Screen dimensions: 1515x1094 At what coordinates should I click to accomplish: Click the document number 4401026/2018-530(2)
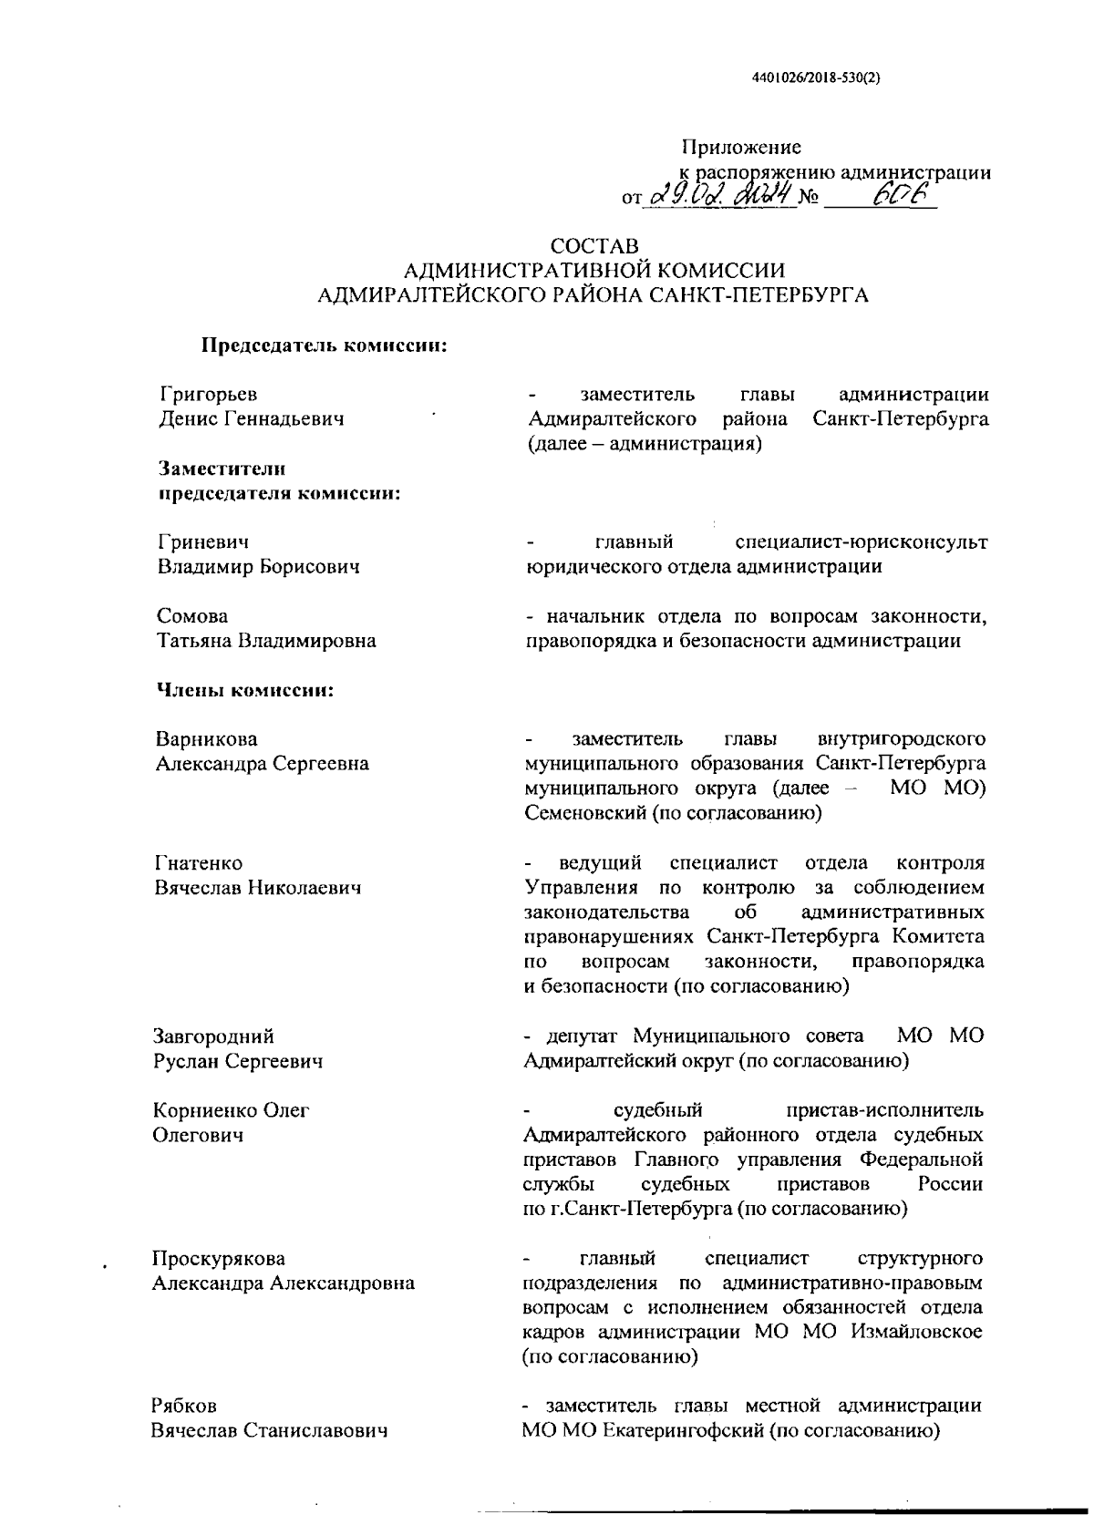tap(816, 78)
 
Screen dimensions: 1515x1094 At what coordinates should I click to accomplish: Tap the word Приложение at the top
tap(741, 147)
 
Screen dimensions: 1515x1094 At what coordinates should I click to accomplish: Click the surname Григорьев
tap(209, 395)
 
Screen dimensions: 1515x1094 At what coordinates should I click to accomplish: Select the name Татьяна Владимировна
tap(267, 641)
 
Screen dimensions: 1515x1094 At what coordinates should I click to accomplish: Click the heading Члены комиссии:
tap(246, 690)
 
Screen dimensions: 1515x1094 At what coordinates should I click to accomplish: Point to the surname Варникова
tap(207, 738)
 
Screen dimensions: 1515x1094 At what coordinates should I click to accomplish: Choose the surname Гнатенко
tap(200, 862)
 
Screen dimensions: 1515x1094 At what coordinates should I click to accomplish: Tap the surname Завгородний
tap(214, 1036)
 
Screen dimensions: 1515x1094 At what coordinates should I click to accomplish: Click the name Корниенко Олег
tap(232, 1110)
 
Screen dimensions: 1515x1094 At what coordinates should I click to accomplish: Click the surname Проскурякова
tap(219, 1259)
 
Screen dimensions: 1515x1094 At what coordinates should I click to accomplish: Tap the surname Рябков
tap(184, 1407)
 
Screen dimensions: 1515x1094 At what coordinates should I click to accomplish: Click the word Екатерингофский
tap(682, 1430)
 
